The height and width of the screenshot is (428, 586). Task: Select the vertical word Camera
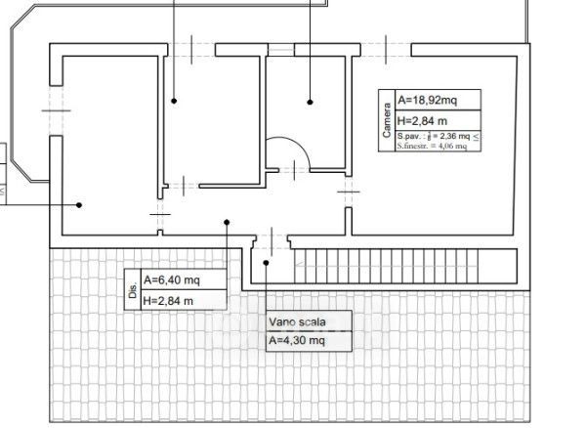click(387, 120)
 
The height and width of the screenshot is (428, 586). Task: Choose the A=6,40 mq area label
click(172, 279)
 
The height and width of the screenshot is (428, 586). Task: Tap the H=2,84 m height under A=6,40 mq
click(168, 300)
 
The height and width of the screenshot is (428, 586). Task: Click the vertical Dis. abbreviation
click(132, 290)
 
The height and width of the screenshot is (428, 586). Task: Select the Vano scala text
click(298, 321)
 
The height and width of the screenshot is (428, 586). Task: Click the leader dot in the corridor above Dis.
click(227, 222)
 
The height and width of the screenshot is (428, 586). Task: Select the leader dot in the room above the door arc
click(310, 101)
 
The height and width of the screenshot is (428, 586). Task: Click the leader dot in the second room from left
click(174, 101)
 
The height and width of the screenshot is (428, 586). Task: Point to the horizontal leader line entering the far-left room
click(39, 204)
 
